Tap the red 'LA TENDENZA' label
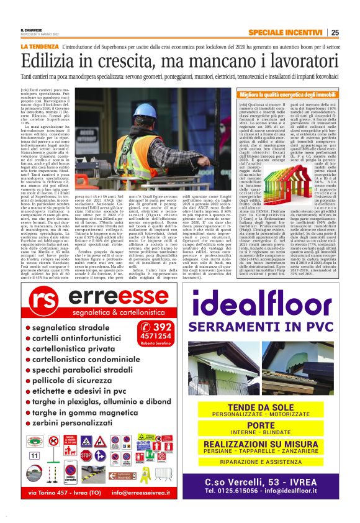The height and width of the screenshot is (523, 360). click(39, 47)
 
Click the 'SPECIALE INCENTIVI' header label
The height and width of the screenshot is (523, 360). click(286, 33)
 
